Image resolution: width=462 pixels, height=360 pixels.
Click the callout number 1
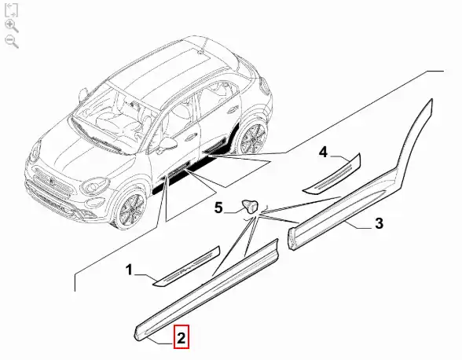tap(129, 270)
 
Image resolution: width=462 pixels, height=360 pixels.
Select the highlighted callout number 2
tap(181, 337)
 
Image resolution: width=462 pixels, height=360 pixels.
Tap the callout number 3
tap(379, 223)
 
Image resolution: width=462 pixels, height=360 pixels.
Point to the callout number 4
tap(323, 152)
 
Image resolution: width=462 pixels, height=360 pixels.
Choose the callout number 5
tap(218, 208)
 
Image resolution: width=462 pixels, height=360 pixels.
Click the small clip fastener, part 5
tap(250, 205)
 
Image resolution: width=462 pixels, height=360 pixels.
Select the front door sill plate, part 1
tap(187, 266)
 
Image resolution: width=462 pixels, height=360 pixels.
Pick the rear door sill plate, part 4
tap(332, 174)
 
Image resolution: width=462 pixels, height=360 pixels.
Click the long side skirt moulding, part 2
tap(206, 290)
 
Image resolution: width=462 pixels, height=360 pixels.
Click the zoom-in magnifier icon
tap(12, 26)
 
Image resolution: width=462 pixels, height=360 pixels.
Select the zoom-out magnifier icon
tap(12, 42)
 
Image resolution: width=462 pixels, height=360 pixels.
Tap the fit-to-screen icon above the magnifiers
tap(12, 10)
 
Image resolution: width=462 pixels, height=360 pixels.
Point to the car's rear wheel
tap(253, 138)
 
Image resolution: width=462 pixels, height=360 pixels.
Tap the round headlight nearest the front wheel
tap(93, 186)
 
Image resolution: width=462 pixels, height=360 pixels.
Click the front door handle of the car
tap(192, 136)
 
